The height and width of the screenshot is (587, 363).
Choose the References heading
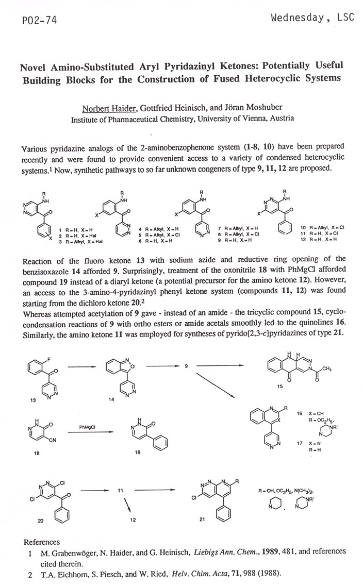pyautogui.click(x=42, y=542)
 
